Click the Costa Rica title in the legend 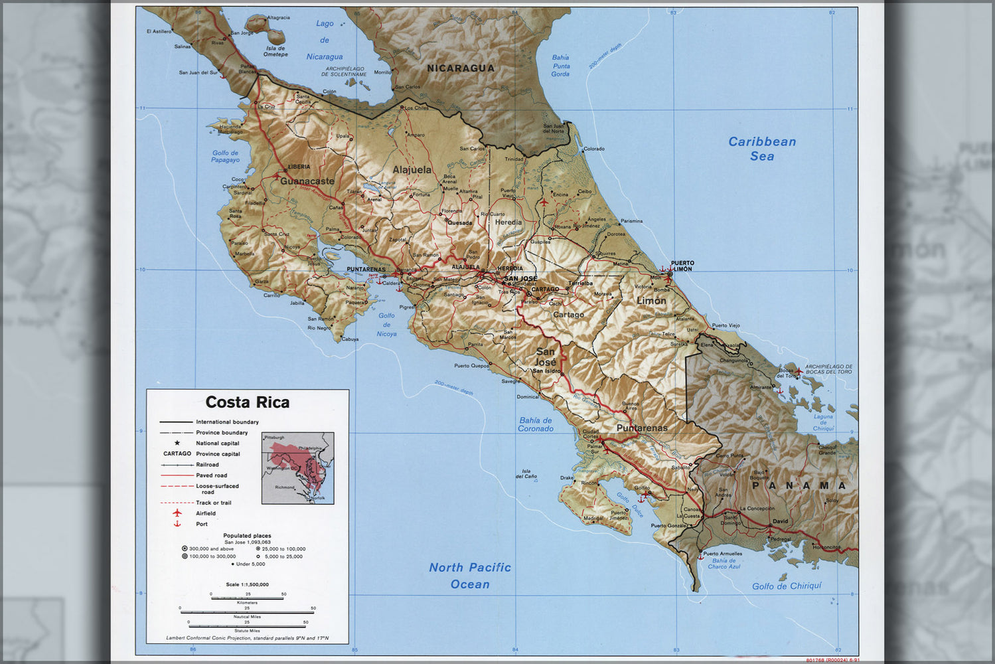click(x=247, y=402)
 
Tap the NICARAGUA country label click(x=460, y=68)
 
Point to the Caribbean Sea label click(x=762, y=149)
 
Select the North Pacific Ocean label click(x=470, y=576)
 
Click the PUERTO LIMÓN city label click(x=682, y=266)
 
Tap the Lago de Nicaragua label click(x=325, y=41)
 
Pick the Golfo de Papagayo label click(x=225, y=157)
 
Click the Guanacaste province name click(x=307, y=181)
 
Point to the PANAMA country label click(x=799, y=486)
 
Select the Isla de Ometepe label click(x=275, y=51)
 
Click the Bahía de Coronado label click(x=536, y=424)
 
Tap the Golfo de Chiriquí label click(x=787, y=586)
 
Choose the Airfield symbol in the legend click(x=177, y=513)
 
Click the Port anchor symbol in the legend click(x=177, y=524)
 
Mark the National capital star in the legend click(x=177, y=443)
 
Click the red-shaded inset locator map click(x=297, y=467)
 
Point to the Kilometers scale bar click(x=247, y=598)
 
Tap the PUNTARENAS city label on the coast click(x=366, y=270)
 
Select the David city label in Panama click(x=781, y=521)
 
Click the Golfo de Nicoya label click(x=386, y=325)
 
